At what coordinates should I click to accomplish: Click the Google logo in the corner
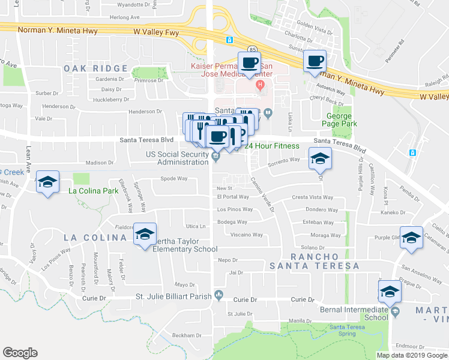20,353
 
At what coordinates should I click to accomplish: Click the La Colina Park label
93,191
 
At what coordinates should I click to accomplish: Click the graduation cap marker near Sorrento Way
320,159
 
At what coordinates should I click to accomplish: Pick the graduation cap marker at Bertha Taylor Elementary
144,235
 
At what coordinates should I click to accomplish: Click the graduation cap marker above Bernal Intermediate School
390,292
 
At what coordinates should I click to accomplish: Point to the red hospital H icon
260,85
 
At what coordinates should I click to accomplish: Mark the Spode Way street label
174,178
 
